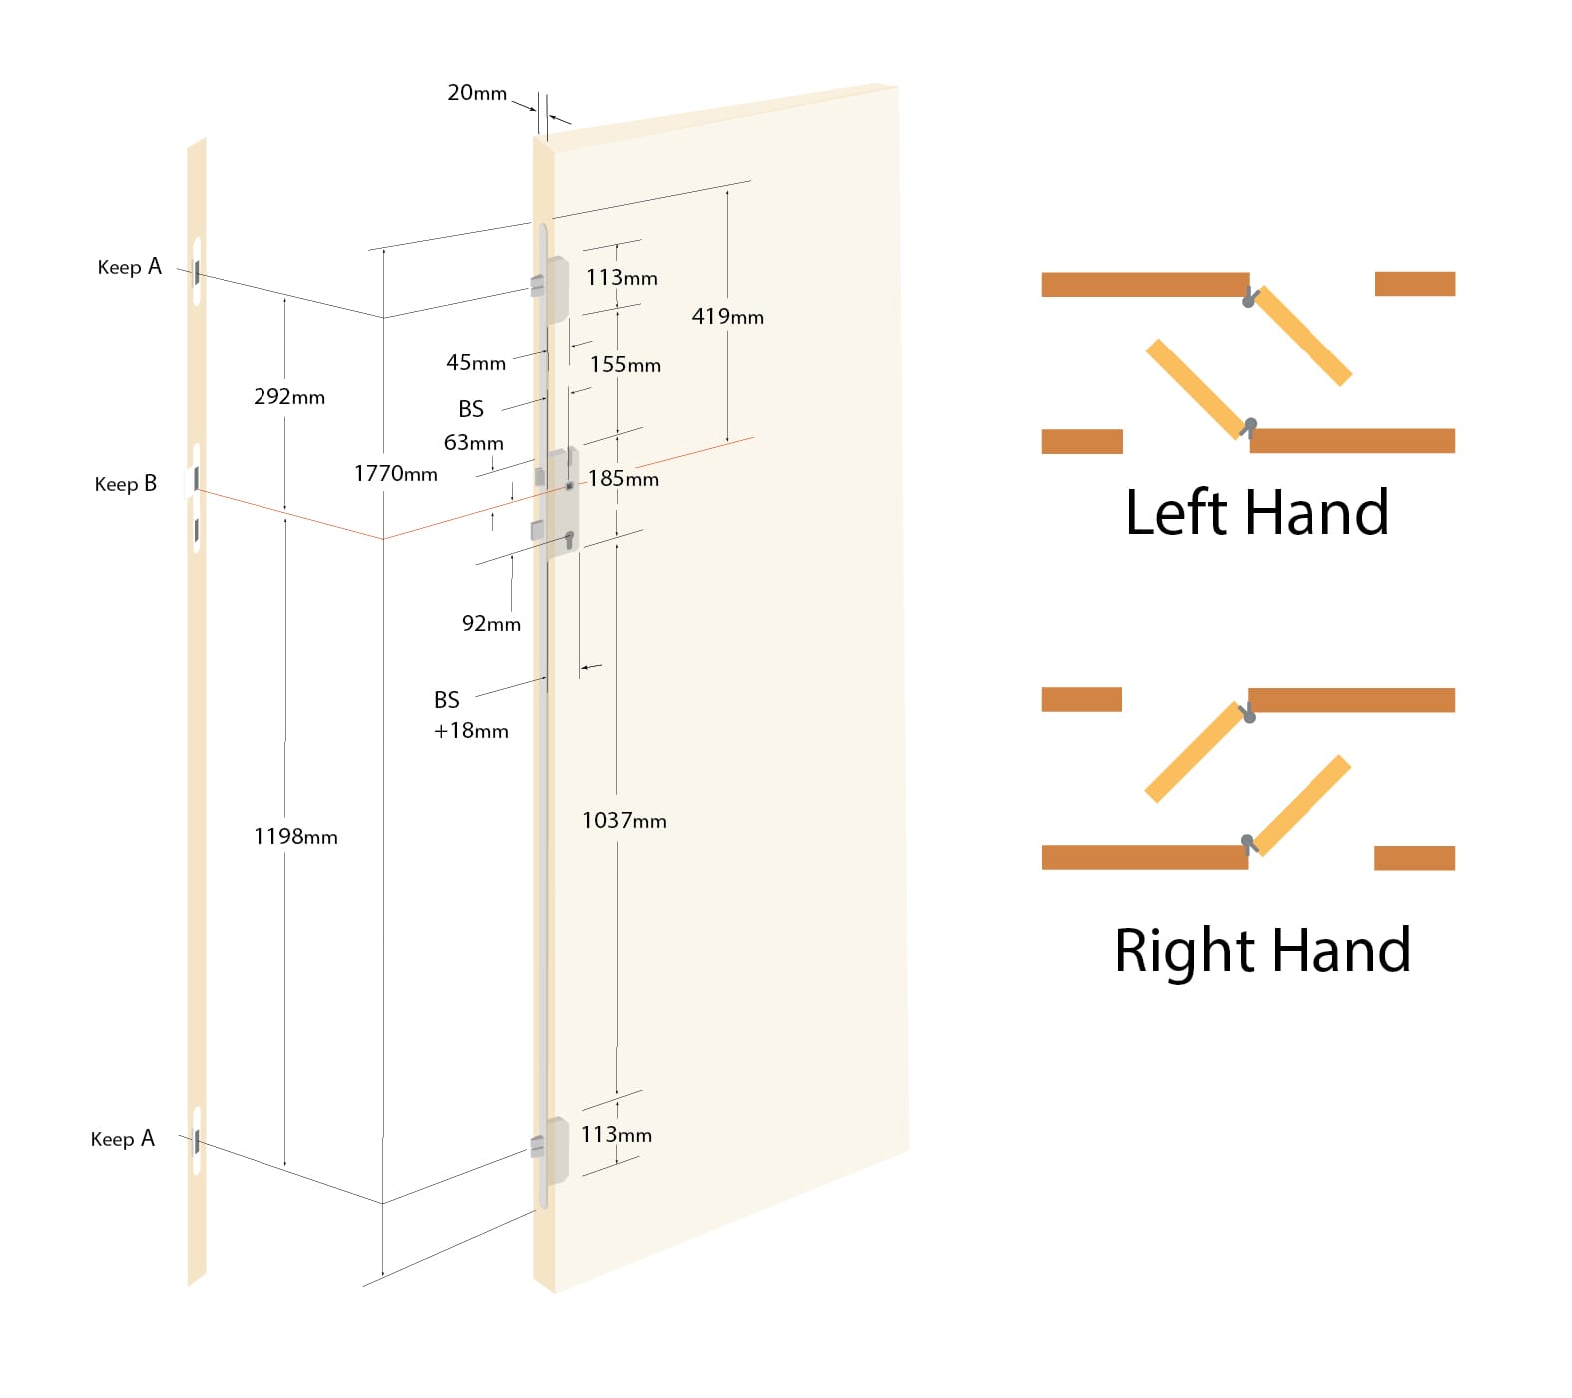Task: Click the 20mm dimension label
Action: click(477, 93)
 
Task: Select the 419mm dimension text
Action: click(727, 317)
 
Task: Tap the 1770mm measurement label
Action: click(395, 474)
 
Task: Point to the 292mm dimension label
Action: click(289, 397)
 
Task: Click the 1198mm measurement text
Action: click(295, 837)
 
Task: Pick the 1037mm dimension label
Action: click(624, 821)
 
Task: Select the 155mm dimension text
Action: click(625, 365)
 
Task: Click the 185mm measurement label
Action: click(623, 479)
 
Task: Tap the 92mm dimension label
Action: click(491, 624)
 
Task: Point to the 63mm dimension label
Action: click(473, 443)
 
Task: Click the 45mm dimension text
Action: click(476, 363)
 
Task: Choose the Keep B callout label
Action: click(126, 484)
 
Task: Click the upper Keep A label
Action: click(129, 267)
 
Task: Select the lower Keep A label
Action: click(122, 1139)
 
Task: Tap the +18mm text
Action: click(471, 731)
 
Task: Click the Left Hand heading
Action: click(1256, 513)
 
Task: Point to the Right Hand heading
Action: click(1262, 950)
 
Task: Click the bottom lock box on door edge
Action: click(555, 1150)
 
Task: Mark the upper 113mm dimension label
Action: click(621, 278)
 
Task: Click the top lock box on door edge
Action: click(555, 289)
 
